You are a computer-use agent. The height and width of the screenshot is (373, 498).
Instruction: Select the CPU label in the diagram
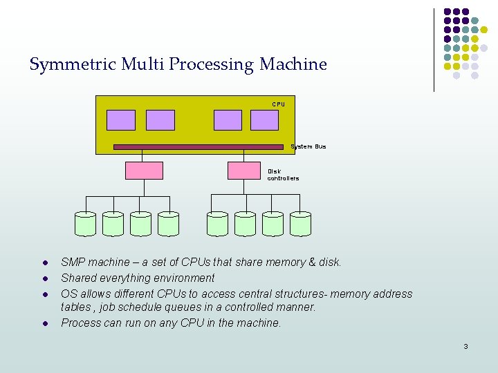278,104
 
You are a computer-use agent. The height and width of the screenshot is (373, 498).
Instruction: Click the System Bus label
308,146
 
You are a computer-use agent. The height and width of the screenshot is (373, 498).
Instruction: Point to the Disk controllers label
283,175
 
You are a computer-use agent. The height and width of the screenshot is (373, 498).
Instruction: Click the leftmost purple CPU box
121,120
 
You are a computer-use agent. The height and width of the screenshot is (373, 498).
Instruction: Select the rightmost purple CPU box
264,120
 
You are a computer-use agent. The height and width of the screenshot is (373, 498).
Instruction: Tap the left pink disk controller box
144,171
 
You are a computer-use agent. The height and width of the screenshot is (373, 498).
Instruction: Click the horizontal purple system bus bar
199,146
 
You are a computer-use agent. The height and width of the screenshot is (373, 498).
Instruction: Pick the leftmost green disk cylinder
85,224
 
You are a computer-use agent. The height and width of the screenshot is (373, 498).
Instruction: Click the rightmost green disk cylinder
300,224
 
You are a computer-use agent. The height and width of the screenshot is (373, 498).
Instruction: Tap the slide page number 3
465,346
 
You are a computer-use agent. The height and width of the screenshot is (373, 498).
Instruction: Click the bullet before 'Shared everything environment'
44,278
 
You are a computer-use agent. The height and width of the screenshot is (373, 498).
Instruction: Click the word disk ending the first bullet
330,262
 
